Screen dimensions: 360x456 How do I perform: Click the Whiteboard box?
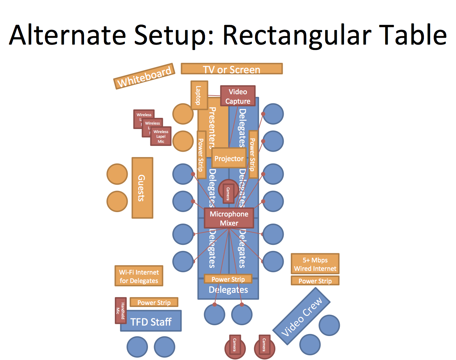click(x=144, y=76)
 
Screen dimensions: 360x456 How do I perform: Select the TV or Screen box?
click(x=232, y=69)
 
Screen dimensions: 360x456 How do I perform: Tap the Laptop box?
click(x=199, y=95)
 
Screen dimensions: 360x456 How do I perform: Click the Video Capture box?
click(x=238, y=96)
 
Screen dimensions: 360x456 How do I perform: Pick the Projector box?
click(x=229, y=158)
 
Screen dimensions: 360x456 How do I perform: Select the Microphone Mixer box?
click(x=229, y=218)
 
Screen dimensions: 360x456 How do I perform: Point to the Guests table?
click(x=142, y=188)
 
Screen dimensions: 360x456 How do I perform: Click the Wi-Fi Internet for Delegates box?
click(x=139, y=276)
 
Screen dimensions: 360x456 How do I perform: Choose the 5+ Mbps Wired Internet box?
click(x=315, y=264)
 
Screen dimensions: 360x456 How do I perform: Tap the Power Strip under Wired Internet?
click(x=315, y=281)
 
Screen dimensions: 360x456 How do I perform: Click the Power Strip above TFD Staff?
click(x=154, y=302)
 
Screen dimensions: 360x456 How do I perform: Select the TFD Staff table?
click(x=151, y=322)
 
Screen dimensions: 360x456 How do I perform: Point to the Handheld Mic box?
click(x=121, y=310)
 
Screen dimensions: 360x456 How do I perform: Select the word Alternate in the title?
click(x=68, y=35)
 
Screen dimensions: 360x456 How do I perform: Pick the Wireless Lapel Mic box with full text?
click(x=161, y=136)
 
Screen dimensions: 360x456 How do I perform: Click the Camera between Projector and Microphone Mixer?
click(x=228, y=194)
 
